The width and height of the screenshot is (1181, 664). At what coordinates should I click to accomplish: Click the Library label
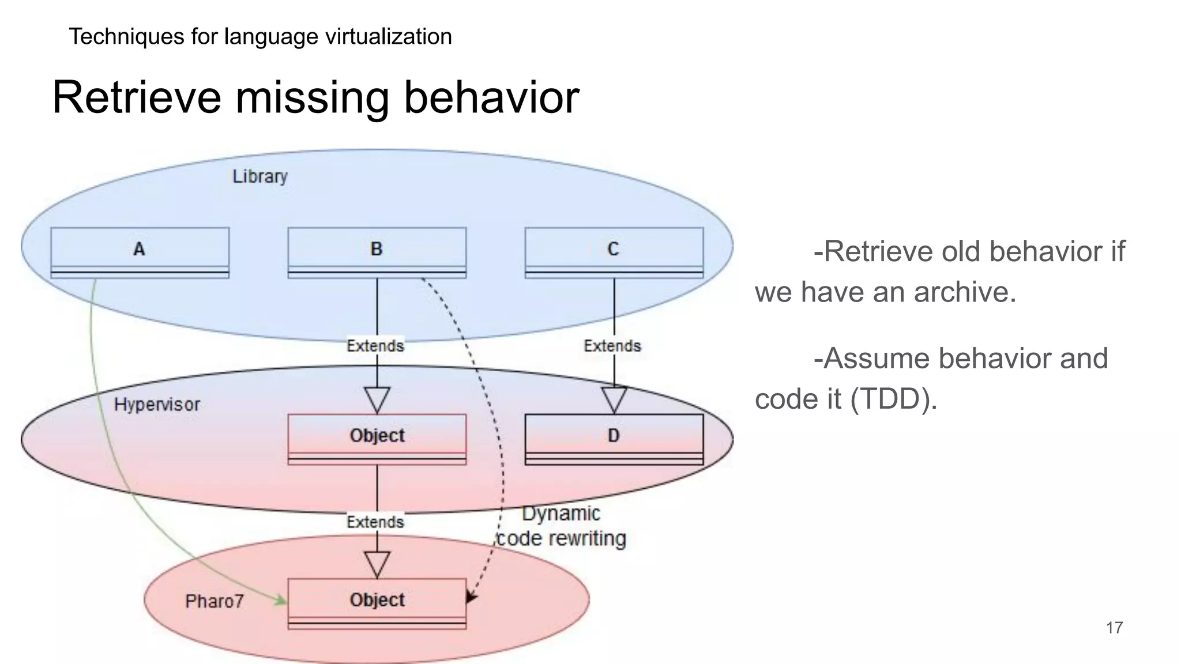(x=259, y=176)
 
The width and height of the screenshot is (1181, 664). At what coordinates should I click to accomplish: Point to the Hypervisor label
(x=157, y=405)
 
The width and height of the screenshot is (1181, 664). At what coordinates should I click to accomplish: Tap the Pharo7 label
(x=214, y=602)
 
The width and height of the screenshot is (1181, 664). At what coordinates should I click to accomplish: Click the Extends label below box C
(x=612, y=346)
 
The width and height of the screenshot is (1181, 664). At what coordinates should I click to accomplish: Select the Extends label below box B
(x=375, y=346)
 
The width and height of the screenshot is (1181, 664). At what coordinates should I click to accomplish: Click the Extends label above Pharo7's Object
(x=375, y=522)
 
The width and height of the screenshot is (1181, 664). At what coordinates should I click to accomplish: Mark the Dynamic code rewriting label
(x=561, y=526)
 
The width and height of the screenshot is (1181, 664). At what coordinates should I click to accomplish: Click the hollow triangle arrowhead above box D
(x=614, y=399)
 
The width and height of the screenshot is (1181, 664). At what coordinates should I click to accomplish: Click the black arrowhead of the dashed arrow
(x=471, y=597)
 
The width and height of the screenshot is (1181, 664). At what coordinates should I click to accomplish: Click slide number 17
(x=1114, y=628)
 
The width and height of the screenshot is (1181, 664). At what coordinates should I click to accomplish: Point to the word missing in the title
(x=312, y=98)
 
